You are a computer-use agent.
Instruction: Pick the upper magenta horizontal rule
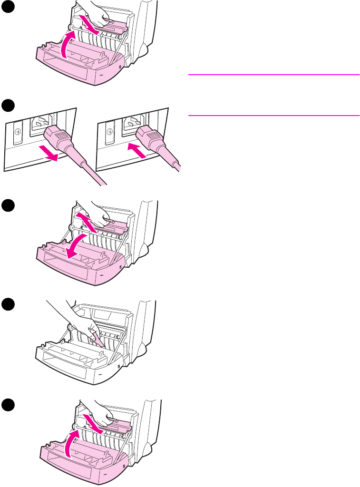point(273,75)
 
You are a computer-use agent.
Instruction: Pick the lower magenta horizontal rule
point(273,115)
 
